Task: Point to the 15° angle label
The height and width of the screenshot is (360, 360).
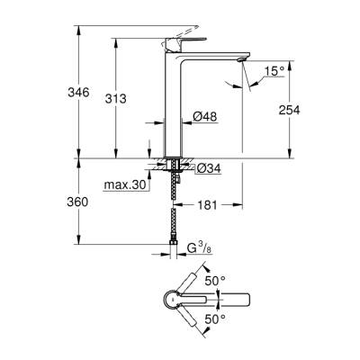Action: pos(274,71)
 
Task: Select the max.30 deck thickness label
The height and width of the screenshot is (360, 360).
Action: pos(126,185)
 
